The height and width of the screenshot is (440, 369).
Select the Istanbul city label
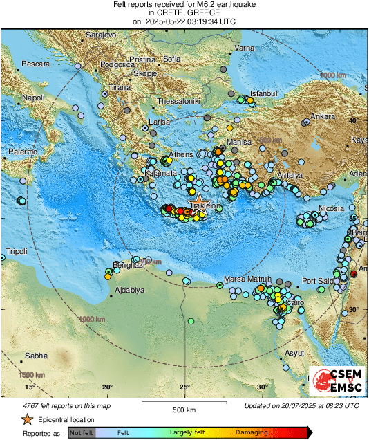click(263, 93)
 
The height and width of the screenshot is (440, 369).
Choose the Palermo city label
click(23, 151)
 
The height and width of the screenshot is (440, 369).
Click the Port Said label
click(318, 281)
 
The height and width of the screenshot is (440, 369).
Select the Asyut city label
click(295, 353)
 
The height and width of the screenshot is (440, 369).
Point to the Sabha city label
click(37, 356)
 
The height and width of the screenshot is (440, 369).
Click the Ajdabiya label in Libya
click(129, 290)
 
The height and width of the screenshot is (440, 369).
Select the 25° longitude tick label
click(185, 387)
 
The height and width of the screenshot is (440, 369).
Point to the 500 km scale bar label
click(185, 410)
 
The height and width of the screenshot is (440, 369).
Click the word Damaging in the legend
click(252, 432)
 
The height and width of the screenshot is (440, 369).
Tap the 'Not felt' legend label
click(82, 432)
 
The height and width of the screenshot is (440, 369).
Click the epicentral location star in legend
click(27, 420)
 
